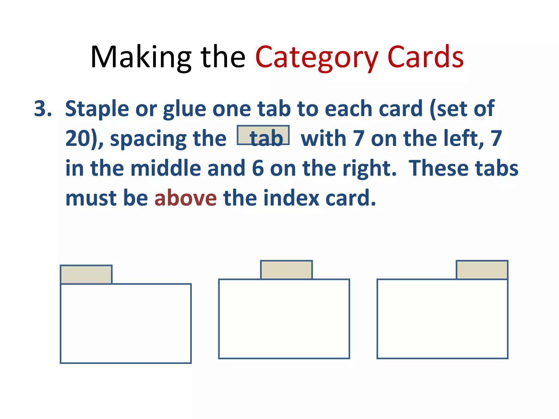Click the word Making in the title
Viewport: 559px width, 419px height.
(141, 57)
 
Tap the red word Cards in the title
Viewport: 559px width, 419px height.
(425, 57)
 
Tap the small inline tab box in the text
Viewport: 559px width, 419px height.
(263, 135)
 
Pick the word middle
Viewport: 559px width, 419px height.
(166, 168)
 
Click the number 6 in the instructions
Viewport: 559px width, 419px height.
(258, 168)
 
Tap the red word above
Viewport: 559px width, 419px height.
(186, 198)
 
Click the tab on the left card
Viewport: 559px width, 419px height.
(86, 274)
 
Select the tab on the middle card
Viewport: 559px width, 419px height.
(286, 270)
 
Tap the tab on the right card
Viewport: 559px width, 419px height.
(482, 270)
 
